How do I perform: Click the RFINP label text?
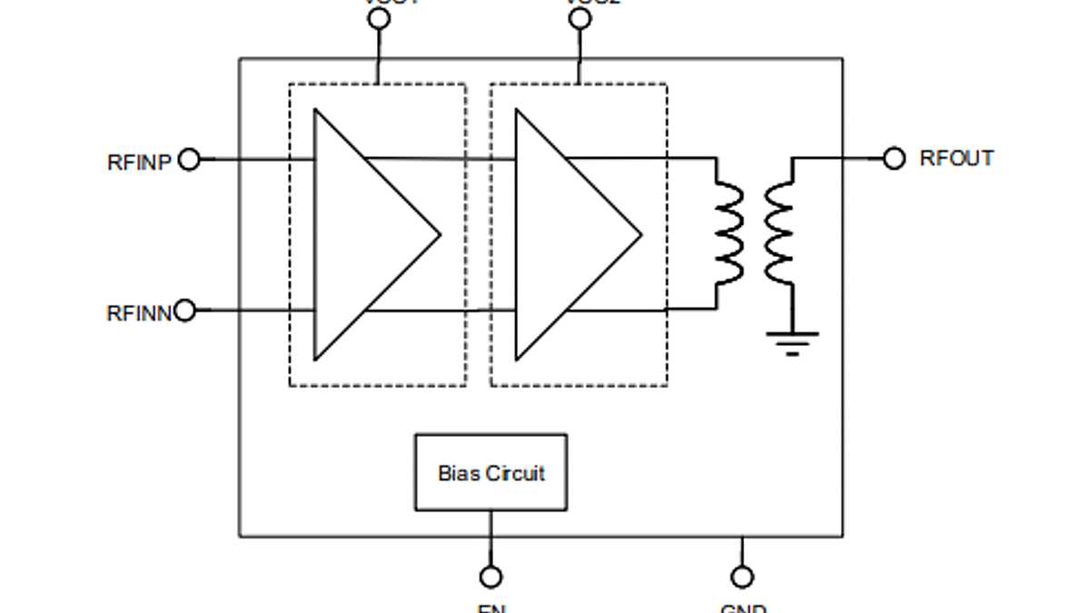[139, 163]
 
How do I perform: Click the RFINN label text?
[139, 313]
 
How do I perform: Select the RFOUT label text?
[956, 158]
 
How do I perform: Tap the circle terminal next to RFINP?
[189, 160]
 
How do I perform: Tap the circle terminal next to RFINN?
[185, 311]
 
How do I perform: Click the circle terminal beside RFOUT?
[895, 159]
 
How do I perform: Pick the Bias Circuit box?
[490, 472]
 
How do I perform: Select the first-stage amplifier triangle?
[363, 234]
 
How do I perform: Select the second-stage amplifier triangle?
[565, 234]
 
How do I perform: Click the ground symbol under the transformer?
[792, 341]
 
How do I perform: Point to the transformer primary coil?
[728, 234]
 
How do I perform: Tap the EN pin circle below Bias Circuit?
[490, 577]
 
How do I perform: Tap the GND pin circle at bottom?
[742, 577]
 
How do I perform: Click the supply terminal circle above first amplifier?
[379, 19]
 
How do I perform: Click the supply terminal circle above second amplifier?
[580, 19]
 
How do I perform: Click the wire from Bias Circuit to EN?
[490, 538]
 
